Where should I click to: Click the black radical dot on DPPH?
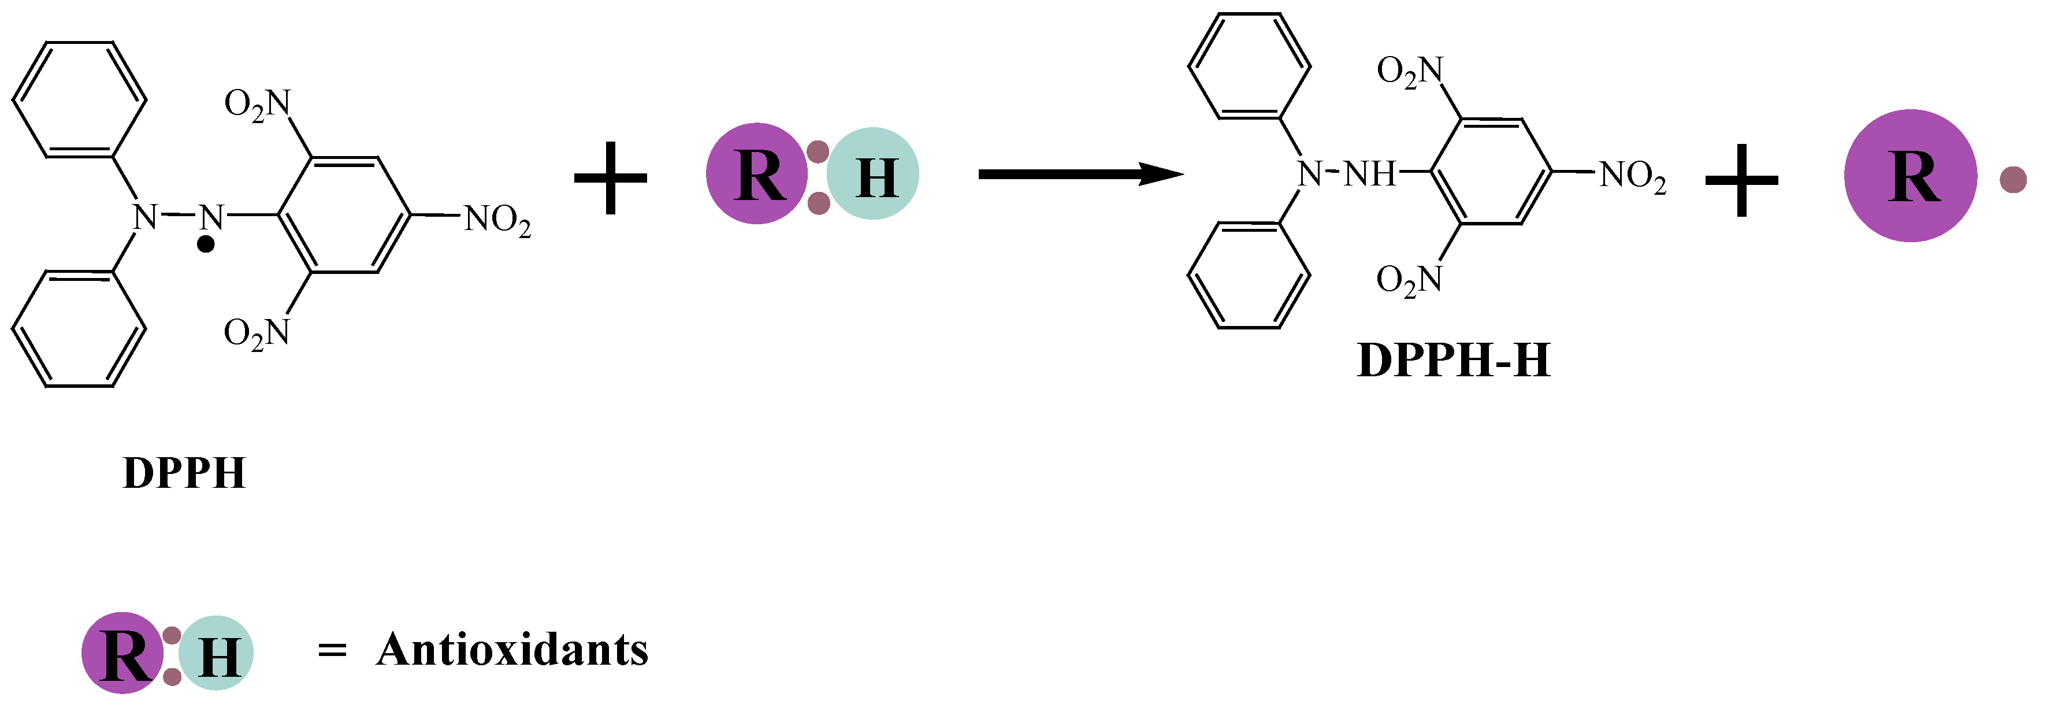tap(206, 244)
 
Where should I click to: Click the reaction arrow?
tap(1079, 174)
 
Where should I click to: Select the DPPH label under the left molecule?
tap(184, 473)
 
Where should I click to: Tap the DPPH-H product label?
tap(1453, 360)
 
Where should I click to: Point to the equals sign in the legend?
tap(332, 651)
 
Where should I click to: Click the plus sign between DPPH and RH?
tap(610, 177)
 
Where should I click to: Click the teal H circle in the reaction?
tap(873, 174)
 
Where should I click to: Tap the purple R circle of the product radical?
tap(1910, 176)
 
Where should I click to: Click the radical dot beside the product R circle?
tap(2014, 180)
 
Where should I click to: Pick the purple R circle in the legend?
tap(122, 653)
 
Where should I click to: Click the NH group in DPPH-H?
tap(1369, 173)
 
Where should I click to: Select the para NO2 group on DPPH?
tap(497, 219)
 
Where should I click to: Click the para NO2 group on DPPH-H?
tap(1633, 175)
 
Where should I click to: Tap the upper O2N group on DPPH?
tap(257, 104)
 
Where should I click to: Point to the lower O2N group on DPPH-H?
tap(1409, 280)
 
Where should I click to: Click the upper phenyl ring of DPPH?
tap(79, 100)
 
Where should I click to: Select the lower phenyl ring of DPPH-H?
tap(1249, 276)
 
